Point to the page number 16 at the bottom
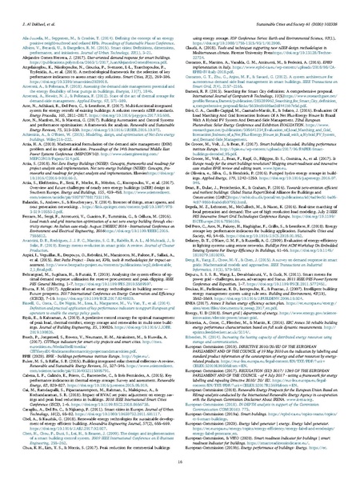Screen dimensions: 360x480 tap(180, 462)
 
